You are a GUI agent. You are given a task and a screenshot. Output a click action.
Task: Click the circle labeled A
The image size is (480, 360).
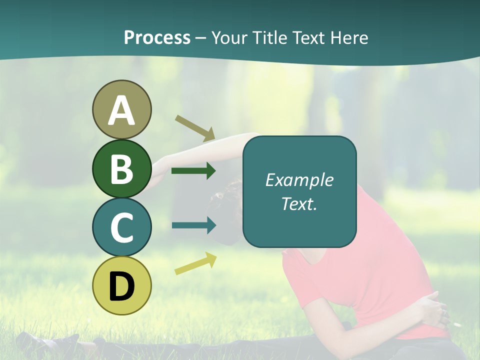tap(122, 110)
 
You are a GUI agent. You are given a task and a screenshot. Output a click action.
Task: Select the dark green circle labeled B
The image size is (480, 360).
tap(122, 168)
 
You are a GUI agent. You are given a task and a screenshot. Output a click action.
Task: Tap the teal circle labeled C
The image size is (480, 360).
tap(122, 227)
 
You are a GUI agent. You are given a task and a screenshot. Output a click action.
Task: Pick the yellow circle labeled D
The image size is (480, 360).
tap(122, 285)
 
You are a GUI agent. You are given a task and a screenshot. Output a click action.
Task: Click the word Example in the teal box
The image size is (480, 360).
tap(299, 180)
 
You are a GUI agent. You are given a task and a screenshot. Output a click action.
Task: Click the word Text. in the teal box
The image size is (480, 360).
tap(299, 203)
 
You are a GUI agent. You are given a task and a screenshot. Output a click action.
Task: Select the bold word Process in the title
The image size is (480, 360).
tap(157, 37)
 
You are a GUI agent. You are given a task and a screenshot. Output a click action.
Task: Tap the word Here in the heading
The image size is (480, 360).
tap(349, 37)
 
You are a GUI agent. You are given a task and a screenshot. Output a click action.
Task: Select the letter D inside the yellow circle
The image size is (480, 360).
tap(122, 286)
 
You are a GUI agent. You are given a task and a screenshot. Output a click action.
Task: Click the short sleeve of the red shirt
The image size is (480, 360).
tap(300, 285)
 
